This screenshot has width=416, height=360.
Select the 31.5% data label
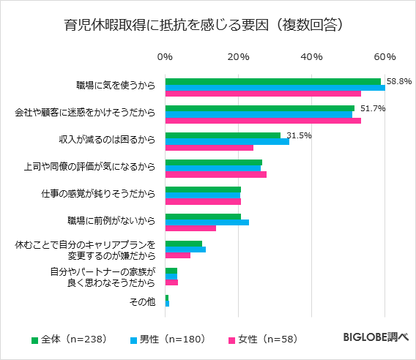pyautogui.click(x=299, y=135)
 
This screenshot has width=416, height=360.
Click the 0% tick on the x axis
pyautogui.click(x=166, y=57)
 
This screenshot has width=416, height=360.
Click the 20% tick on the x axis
pyautogui.click(x=239, y=57)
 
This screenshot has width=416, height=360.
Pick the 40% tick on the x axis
pyautogui.click(x=312, y=57)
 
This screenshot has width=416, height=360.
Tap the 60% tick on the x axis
pyautogui.click(x=385, y=57)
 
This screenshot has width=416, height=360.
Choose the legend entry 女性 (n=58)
pyautogui.click(x=264, y=339)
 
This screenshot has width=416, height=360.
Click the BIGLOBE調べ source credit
pyautogui.click(x=376, y=338)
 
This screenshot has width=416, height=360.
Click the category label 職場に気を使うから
pyautogui.click(x=116, y=86)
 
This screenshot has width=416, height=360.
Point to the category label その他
pyautogui.click(x=142, y=302)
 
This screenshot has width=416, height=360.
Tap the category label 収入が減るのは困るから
pyautogui.click(x=107, y=140)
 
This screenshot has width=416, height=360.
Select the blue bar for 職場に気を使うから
pyautogui.click(x=275, y=88)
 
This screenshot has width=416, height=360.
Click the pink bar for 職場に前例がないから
pyautogui.click(x=190, y=228)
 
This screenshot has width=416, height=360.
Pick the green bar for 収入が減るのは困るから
pyautogui.click(x=223, y=135)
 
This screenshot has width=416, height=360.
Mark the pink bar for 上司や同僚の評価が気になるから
pyautogui.click(x=215, y=175)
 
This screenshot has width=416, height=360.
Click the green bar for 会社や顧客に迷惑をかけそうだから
pyautogui.click(x=259, y=108)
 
